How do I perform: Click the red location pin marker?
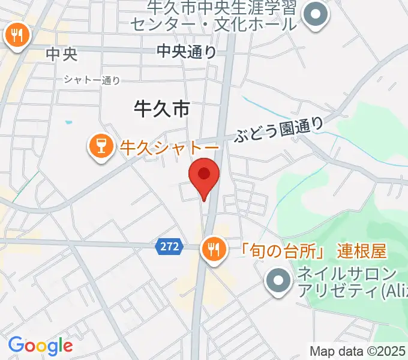click(x=204, y=176)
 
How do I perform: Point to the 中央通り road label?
click(x=187, y=52)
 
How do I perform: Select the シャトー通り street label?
click(x=92, y=80)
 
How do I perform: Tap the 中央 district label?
click(x=62, y=55)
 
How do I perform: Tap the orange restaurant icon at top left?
click(x=17, y=36)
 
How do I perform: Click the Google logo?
click(x=40, y=346)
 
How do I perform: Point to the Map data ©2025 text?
click(x=358, y=351)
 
